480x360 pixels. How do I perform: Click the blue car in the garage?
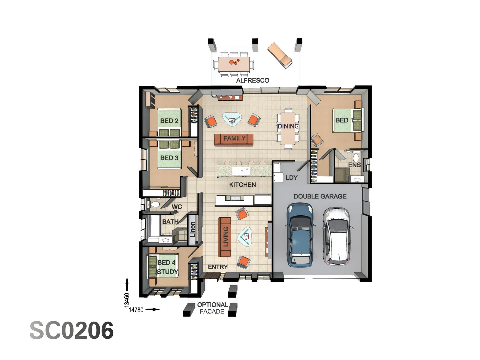click(x=300, y=235)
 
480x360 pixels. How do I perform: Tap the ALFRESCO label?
click(x=252, y=80)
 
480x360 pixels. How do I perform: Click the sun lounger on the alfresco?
click(x=280, y=55)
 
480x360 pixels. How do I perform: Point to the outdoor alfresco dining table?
click(x=234, y=64)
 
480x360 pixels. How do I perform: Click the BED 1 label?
click(x=344, y=120)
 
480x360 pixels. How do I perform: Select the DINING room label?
click(x=288, y=126)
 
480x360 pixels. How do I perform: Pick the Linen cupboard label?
click(x=192, y=230)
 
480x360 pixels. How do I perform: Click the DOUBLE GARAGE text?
click(x=320, y=196)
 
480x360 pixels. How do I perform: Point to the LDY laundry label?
click(x=291, y=178)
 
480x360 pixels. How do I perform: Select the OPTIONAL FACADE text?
click(x=212, y=308)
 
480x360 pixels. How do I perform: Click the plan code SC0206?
click(x=72, y=330)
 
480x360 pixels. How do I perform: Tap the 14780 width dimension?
click(x=136, y=310)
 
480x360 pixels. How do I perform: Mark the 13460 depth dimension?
click(x=127, y=300)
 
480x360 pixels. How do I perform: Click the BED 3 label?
click(x=169, y=158)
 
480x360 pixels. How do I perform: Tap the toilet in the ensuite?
click(x=356, y=157)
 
